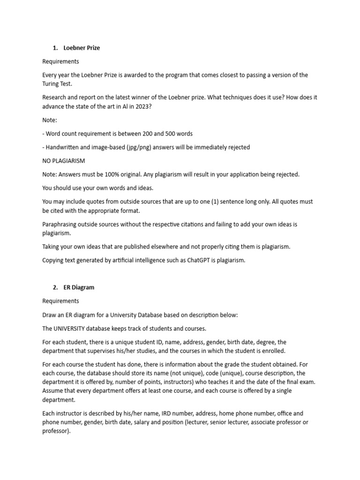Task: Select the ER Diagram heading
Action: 79,287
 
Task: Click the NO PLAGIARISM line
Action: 64,161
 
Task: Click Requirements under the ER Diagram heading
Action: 60,301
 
